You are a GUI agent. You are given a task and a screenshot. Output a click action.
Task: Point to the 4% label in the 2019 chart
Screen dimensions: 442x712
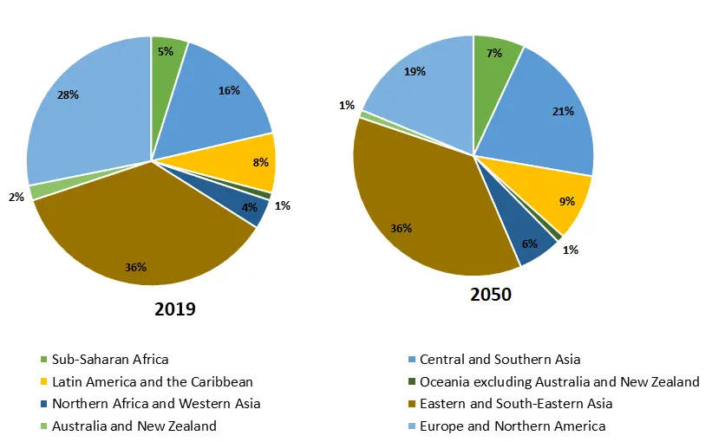250,207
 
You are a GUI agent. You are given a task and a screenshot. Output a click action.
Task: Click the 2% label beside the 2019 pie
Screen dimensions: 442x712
16,197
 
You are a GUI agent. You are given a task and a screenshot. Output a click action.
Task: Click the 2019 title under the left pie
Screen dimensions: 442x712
175,309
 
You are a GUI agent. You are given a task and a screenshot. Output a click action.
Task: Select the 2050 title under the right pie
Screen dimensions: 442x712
491,295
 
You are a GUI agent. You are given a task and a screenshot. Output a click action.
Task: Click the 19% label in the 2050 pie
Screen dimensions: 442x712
415,72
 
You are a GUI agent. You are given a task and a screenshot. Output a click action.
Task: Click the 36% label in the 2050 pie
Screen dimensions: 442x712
402,228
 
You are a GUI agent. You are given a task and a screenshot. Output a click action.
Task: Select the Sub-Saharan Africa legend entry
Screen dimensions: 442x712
110,359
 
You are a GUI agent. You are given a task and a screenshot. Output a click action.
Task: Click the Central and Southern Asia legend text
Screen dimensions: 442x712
500,359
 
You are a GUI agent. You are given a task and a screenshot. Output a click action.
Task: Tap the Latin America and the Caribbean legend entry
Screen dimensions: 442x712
153,381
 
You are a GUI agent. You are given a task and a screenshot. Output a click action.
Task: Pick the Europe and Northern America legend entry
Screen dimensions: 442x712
513,426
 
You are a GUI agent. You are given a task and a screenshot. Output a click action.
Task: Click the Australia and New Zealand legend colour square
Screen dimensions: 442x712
42,426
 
